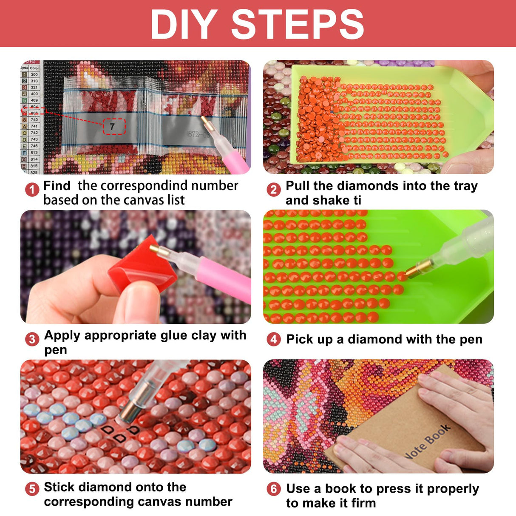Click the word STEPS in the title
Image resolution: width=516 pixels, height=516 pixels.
pyautogui.click(x=298, y=25)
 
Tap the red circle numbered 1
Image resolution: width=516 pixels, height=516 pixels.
pyautogui.click(x=32, y=190)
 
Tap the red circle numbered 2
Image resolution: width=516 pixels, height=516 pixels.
pyautogui.click(x=274, y=190)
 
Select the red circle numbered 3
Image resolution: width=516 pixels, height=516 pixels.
pyautogui.click(x=32, y=339)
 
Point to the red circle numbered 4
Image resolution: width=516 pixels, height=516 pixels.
pyautogui.click(x=274, y=339)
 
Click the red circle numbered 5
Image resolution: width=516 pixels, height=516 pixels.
pyautogui.click(x=32, y=489)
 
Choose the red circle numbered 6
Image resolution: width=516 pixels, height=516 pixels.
pyautogui.click(x=274, y=489)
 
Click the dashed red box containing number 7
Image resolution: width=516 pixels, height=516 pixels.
pyautogui.click(x=114, y=127)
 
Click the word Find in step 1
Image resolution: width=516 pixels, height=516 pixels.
pyautogui.click(x=57, y=186)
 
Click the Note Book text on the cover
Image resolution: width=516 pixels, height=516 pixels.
pyautogui.click(x=427, y=442)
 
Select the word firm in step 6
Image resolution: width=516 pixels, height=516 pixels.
pyautogui.click(x=363, y=503)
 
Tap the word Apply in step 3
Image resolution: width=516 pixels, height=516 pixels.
pyautogui.click(x=62, y=336)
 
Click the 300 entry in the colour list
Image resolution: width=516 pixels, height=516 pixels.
pyautogui.click(x=34, y=74)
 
